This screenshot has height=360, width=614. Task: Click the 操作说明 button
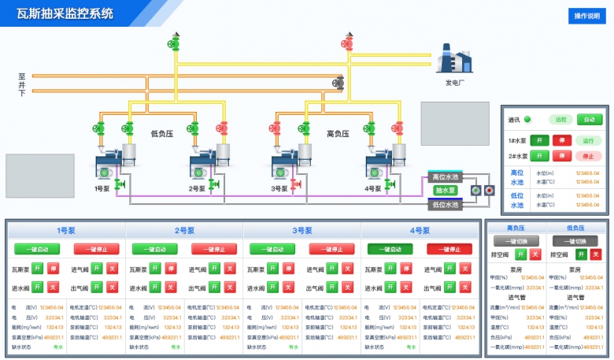pyautogui.click(x=587, y=16)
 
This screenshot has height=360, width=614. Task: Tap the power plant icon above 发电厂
pyautogui.click(x=456, y=61)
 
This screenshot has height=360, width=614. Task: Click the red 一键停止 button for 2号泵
pyautogui.click(x=214, y=249)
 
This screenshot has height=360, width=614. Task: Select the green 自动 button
pyautogui.click(x=586, y=120)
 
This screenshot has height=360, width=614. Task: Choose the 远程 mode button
pyautogui.click(x=560, y=120)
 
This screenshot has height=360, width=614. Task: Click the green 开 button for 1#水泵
pyautogui.click(x=539, y=140)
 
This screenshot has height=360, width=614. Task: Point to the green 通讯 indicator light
pyautogui.click(x=527, y=120)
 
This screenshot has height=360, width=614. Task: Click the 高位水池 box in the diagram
pyautogui.click(x=446, y=176)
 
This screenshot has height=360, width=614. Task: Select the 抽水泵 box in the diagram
pyautogui.click(x=446, y=191)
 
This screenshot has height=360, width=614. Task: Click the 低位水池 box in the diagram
pyautogui.click(x=446, y=204)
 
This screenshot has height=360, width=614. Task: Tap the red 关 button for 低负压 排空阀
pyautogui.click(x=595, y=254)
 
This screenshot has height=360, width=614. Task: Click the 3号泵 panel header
pyautogui.click(x=302, y=231)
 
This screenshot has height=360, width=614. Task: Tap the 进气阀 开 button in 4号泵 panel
pyautogui.click(x=449, y=269)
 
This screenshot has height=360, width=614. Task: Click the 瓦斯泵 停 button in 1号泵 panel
pyautogui.click(x=53, y=269)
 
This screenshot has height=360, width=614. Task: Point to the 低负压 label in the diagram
pyautogui.click(x=161, y=134)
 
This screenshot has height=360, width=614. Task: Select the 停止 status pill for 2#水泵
pyautogui.click(x=586, y=155)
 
